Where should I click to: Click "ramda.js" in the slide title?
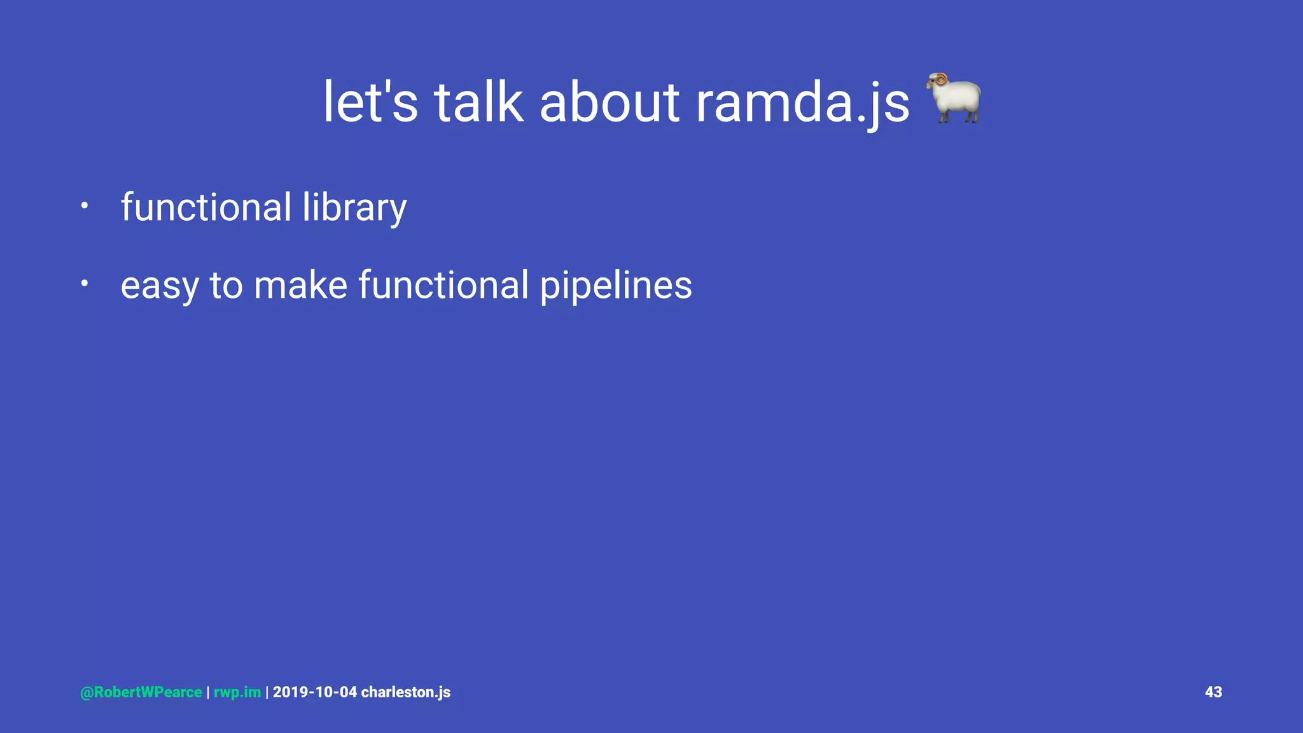(x=802, y=103)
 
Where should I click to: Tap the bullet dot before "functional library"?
(x=83, y=206)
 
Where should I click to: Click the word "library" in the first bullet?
(x=354, y=207)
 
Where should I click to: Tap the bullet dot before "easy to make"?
(x=83, y=284)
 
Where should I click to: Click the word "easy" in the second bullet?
(x=159, y=286)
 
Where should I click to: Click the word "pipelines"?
(x=616, y=286)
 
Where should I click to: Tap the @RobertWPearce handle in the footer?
(x=141, y=692)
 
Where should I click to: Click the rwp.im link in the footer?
(x=237, y=692)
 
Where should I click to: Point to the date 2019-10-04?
(x=315, y=692)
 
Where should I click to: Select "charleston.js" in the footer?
(x=405, y=692)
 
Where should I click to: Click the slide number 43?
(x=1213, y=692)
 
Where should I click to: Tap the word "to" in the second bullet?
(x=226, y=285)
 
